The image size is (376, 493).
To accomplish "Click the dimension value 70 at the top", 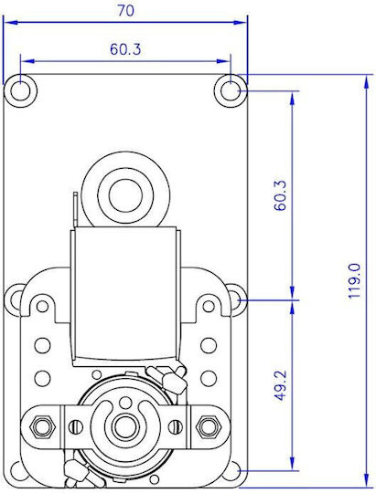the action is pyautogui.click(x=125, y=11).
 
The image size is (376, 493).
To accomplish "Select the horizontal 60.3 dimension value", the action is pyautogui.click(x=125, y=49).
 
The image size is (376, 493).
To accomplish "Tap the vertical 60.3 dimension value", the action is pyautogui.click(x=280, y=195).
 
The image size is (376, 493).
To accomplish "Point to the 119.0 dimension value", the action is pyautogui.click(x=355, y=281).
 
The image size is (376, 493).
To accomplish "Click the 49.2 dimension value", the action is pyautogui.click(x=280, y=385).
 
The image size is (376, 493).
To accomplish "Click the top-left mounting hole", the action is pyautogui.click(x=20, y=91).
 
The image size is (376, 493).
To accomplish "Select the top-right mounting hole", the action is pyautogui.click(x=231, y=91).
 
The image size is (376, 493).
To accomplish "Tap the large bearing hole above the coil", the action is pyautogui.click(x=125, y=195).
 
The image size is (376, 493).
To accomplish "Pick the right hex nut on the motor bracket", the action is pyautogui.click(x=207, y=426).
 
